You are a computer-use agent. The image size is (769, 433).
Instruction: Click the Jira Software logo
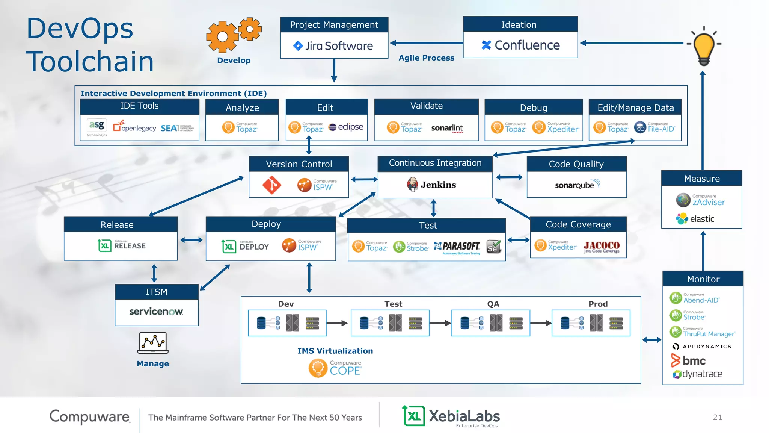pos(333,46)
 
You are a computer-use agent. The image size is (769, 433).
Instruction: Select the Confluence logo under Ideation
pos(520,45)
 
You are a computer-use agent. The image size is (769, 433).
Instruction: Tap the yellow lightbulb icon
pos(704,47)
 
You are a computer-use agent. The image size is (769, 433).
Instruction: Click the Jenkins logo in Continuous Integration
pos(431,185)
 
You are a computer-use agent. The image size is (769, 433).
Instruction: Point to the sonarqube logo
pos(577,185)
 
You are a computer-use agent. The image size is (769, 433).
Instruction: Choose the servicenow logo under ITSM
pos(156,312)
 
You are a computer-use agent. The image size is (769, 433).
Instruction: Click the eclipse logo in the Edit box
pos(346,127)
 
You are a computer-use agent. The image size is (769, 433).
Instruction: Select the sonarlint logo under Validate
pos(447,128)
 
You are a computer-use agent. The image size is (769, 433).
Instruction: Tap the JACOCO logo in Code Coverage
pos(602,247)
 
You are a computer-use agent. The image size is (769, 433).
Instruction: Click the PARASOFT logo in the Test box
pos(457,247)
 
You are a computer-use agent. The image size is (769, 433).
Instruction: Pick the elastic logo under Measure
pos(695,219)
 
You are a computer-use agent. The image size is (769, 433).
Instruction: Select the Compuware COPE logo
pos(335,368)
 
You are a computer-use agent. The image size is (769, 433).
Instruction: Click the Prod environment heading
pos(598,304)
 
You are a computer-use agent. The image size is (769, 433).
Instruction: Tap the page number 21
pos(717,417)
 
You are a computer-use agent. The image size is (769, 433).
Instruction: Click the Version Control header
pos(299,164)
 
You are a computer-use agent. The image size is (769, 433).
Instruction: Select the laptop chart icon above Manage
pos(153,343)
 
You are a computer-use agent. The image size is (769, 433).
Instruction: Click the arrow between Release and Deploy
pos(191,240)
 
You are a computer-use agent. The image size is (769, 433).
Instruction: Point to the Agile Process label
pos(426,58)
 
